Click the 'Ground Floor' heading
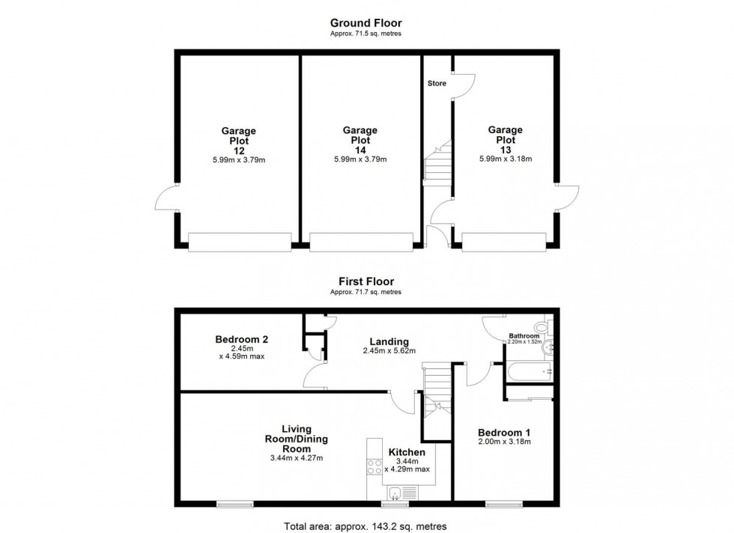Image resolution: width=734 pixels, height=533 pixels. coord(366,23)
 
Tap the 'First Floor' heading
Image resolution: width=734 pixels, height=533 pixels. coord(366,281)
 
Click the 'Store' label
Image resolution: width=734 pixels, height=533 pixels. coord(437,83)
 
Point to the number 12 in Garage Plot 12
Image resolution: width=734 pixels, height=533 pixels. coord(238,150)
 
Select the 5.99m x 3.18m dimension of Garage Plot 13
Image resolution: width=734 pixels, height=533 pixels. coord(506,159)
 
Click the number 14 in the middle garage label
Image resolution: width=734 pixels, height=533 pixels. coord(360,150)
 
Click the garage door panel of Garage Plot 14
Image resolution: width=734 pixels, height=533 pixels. coord(361,241)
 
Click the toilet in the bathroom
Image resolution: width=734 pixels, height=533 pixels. coord(545,328)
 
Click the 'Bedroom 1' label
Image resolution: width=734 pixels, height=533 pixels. coord(505,432)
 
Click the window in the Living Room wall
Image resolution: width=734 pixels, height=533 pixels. coord(234,504)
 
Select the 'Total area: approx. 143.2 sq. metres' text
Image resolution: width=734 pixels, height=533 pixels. coord(366,525)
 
